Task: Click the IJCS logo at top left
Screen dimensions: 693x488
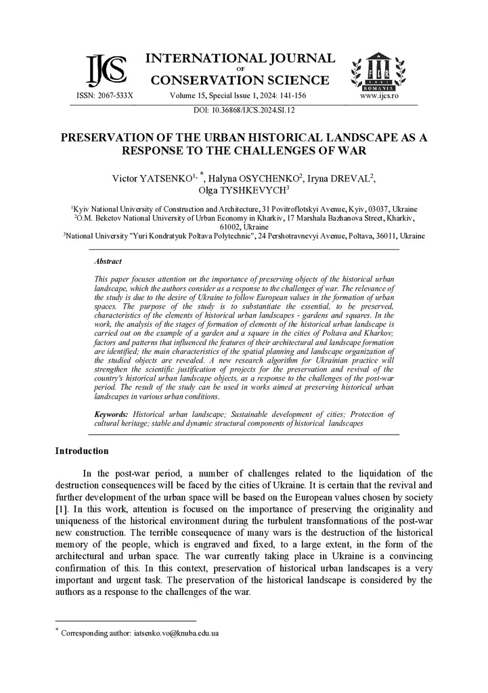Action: tap(107, 70)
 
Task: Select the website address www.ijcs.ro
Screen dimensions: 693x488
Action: tap(379, 96)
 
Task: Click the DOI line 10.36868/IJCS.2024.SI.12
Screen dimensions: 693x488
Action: tap(244, 109)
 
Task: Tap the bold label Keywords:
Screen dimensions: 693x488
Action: tap(112, 413)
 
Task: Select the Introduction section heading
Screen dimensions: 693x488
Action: tap(81, 451)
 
